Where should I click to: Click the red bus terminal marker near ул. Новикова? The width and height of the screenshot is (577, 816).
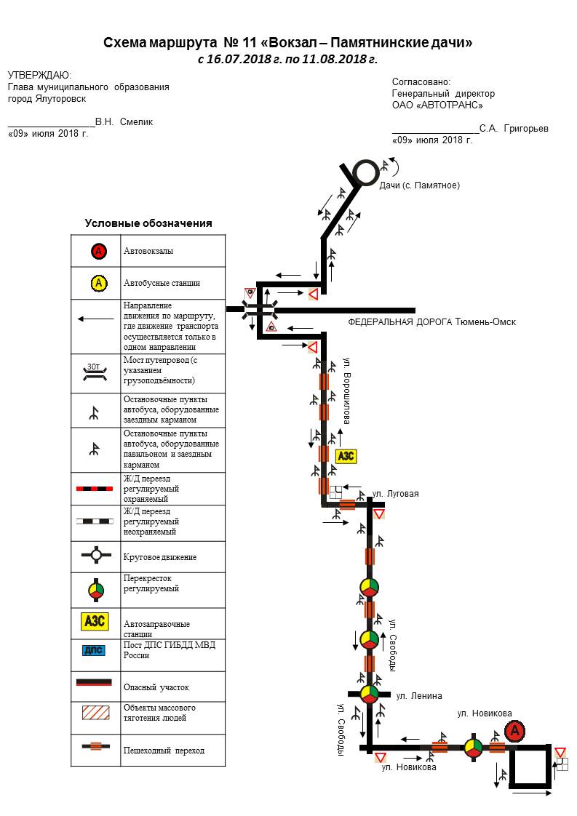click(x=514, y=730)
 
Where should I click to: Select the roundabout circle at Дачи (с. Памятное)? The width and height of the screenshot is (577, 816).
click(x=365, y=172)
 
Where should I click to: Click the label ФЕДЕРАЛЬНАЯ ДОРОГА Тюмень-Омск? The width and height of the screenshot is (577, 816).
click(x=432, y=321)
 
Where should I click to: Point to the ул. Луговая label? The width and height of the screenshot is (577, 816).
click(x=395, y=494)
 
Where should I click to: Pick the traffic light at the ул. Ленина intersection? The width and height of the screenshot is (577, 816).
click(x=370, y=692)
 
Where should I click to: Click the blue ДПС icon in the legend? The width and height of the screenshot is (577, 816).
click(x=95, y=650)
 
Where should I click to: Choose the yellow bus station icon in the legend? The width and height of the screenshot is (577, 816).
click(x=99, y=283)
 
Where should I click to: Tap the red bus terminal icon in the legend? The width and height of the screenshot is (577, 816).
click(x=99, y=252)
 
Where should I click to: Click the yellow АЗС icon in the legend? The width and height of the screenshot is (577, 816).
click(x=95, y=622)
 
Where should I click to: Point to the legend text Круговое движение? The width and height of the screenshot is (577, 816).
click(x=160, y=557)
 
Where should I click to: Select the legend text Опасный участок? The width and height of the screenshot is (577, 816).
click(x=156, y=687)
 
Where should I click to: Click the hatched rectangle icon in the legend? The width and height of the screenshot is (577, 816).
click(x=95, y=712)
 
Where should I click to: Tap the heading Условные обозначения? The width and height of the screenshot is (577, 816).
click(x=148, y=223)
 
